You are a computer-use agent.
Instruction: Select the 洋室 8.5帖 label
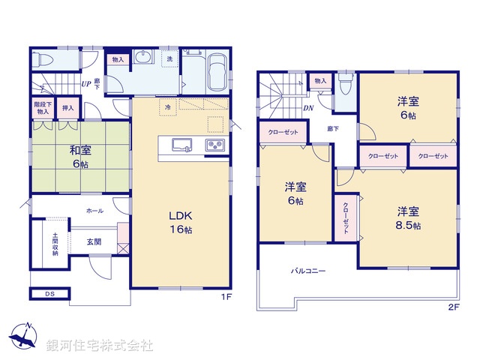click(x=409, y=218)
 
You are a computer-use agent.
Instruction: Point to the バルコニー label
click(x=308, y=271)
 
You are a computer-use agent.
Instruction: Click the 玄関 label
click(x=93, y=241)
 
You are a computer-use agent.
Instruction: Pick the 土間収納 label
click(x=55, y=244)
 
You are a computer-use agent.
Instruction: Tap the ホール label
click(x=95, y=211)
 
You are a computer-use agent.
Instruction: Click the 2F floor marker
click(x=453, y=307)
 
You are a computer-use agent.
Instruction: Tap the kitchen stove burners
click(x=215, y=145)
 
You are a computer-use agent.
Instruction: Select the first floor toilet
click(x=44, y=59)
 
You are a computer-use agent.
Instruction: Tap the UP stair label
click(x=86, y=84)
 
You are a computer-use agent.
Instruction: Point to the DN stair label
click(x=308, y=107)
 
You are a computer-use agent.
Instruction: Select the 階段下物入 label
click(x=41, y=108)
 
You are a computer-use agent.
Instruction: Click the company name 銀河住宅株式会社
click(x=100, y=346)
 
